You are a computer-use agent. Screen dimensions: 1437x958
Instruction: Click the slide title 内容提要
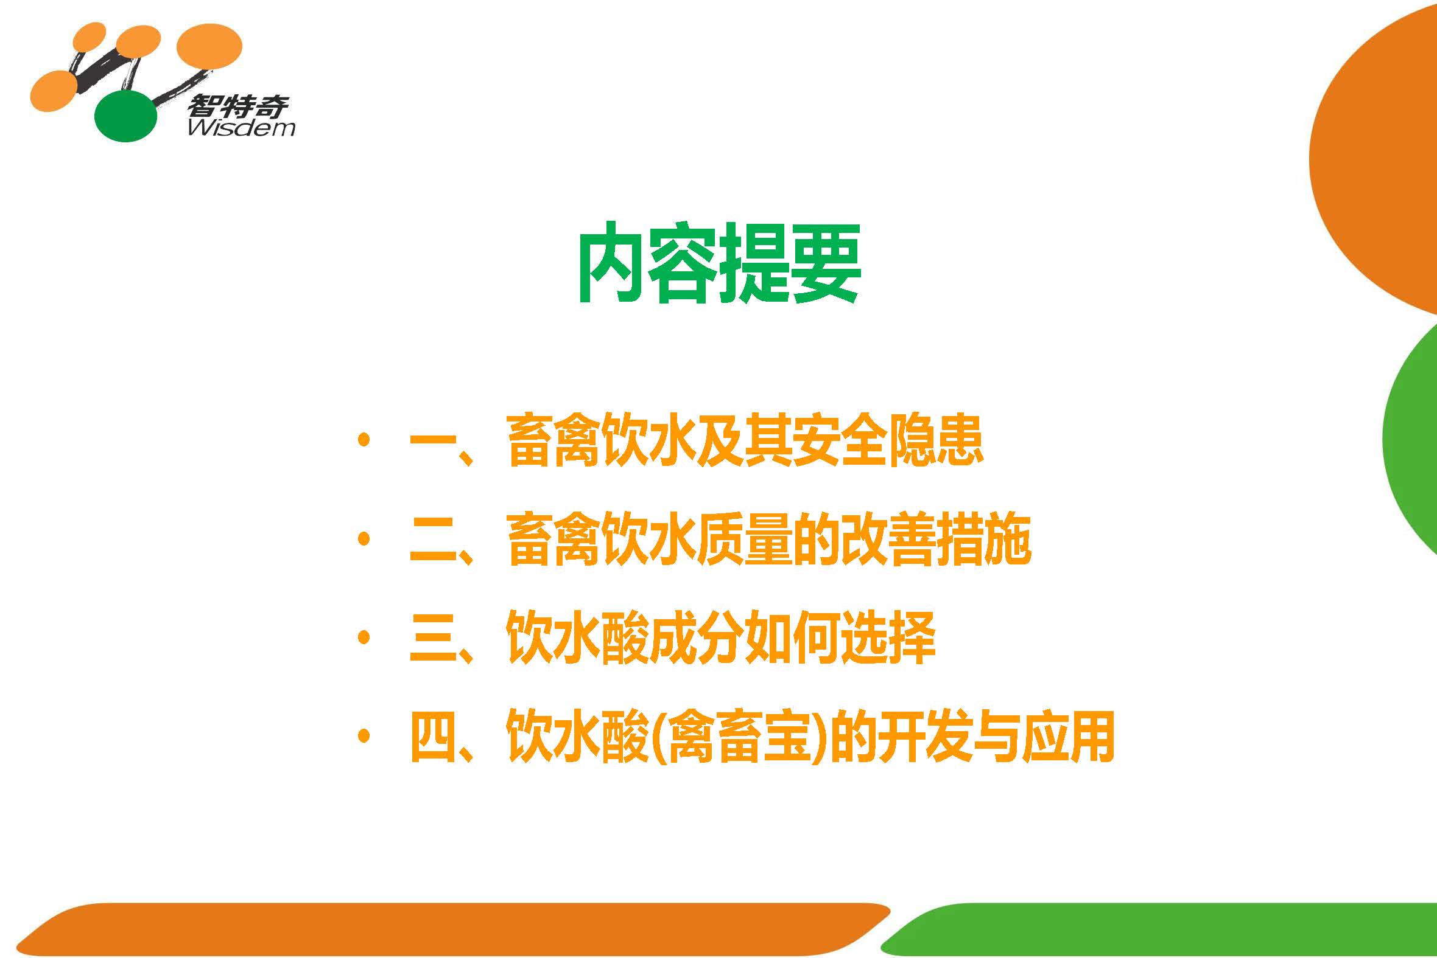click(719, 263)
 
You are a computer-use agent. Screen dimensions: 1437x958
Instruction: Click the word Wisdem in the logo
click(242, 128)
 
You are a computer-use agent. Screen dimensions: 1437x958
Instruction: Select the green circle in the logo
click(126, 116)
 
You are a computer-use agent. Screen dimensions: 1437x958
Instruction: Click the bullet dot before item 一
click(364, 439)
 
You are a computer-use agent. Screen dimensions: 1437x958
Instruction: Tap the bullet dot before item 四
click(364, 736)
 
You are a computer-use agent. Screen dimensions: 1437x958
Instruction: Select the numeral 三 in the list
click(434, 639)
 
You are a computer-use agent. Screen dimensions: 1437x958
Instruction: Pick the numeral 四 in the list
click(434, 737)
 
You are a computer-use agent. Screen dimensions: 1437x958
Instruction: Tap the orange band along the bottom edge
click(452, 930)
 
